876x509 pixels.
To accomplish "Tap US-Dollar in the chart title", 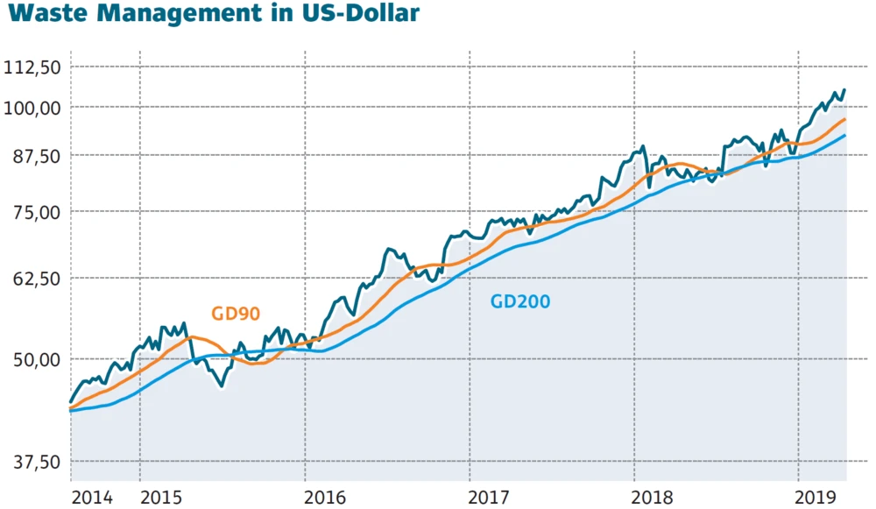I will click(360, 14).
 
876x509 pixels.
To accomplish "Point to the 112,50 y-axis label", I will click(32, 67).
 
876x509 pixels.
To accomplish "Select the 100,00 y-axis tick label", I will click(32, 108).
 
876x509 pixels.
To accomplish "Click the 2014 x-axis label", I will click(93, 498).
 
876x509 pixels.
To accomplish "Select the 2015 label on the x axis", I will click(163, 498).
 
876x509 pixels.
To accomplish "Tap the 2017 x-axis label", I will click(493, 498).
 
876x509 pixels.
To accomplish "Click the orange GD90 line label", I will click(236, 314).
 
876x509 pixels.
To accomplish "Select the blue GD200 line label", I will click(520, 302).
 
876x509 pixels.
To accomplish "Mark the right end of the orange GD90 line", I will click(844, 119).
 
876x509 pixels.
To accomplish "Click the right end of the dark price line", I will click(844, 89).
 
